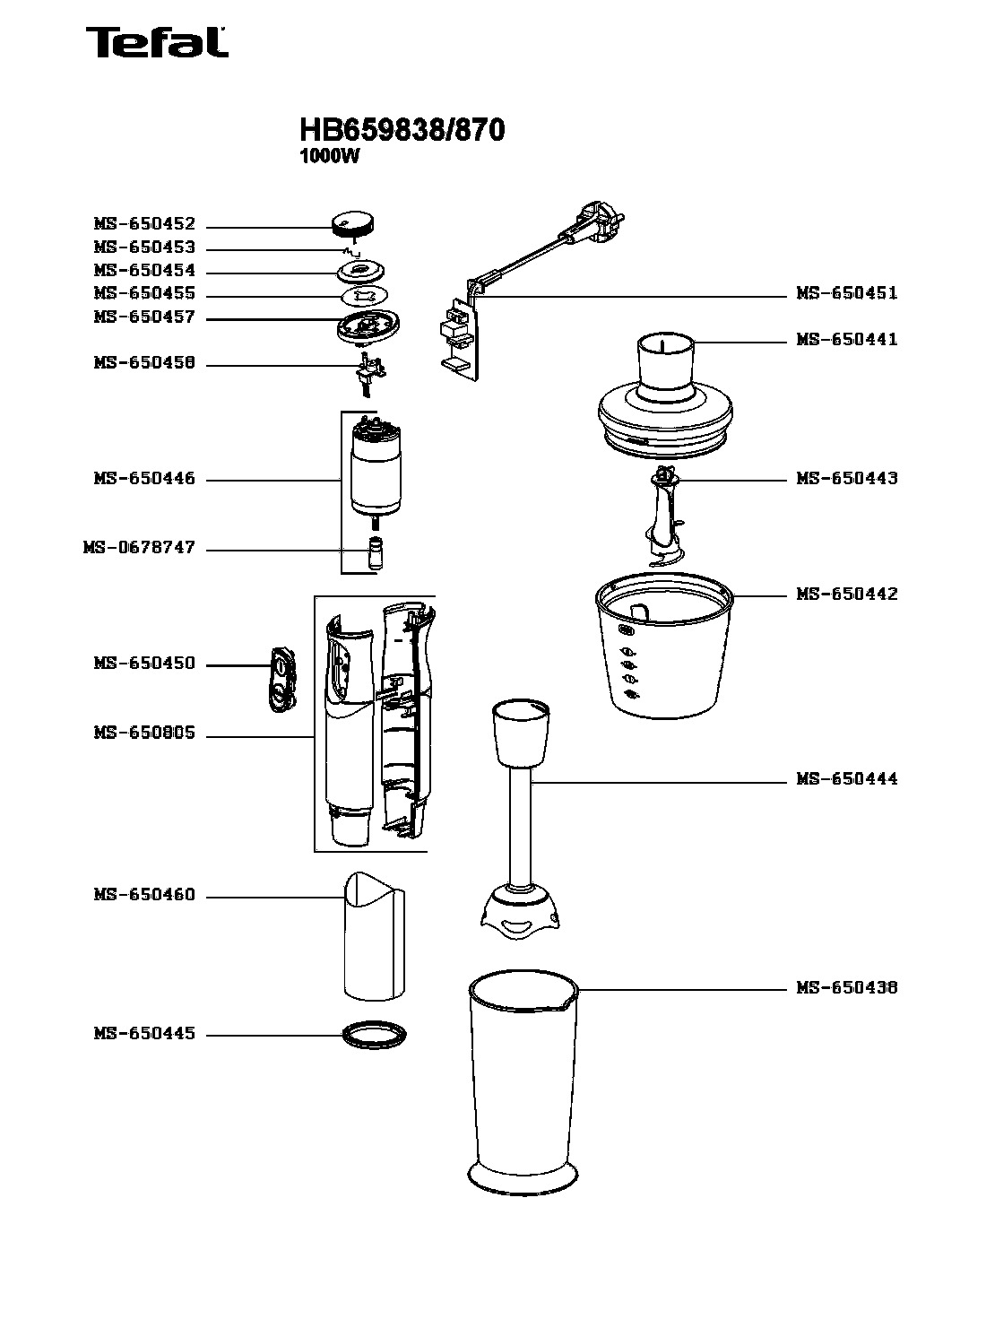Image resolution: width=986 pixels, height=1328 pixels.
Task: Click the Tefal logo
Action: [x=157, y=42]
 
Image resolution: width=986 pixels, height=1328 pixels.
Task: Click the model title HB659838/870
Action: [x=402, y=129]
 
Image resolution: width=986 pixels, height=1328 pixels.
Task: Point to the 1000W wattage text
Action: [x=329, y=157]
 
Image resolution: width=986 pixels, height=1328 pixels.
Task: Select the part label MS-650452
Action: [x=144, y=224]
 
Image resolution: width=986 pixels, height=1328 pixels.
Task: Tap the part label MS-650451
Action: [x=847, y=293]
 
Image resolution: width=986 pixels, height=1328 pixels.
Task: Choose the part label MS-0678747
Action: [x=140, y=548]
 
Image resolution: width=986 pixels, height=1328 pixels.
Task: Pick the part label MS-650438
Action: [x=847, y=988]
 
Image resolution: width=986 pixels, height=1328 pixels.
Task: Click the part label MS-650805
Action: [x=144, y=733]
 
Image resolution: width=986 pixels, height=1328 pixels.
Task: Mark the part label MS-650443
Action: [x=847, y=479]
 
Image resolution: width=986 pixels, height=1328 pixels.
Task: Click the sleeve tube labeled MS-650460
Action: [x=375, y=937]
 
